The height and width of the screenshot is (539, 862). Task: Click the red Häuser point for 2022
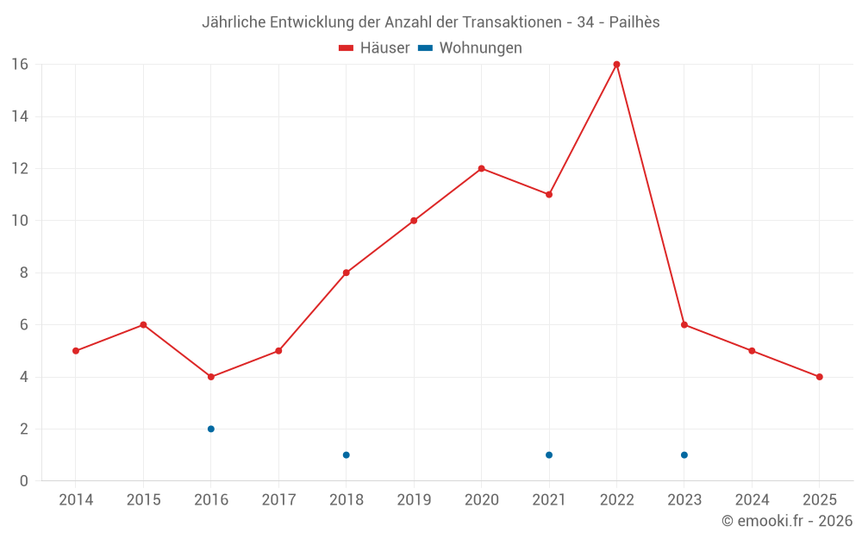[x=616, y=65]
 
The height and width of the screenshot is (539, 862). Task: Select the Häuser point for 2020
[x=481, y=168]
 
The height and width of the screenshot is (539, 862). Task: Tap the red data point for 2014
[x=76, y=351]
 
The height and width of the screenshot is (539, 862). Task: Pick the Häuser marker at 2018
[x=346, y=273]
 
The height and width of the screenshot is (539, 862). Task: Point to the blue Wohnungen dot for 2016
[x=211, y=429]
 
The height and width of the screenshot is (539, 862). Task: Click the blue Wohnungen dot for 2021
[x=549, y=454]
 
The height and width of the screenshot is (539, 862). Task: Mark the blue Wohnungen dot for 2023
[x=684, y=454]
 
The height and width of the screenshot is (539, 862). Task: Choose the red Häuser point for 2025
[x=819, y=377]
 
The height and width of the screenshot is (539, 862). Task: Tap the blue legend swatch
[x=425, y=48]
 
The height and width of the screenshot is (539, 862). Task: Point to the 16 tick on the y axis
[x=20, y=65]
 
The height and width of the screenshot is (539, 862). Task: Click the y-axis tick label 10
[x=20, y=221]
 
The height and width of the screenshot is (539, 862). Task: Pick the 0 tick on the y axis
[x=24, y=480]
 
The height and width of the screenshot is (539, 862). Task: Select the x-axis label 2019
[x=414, y=500]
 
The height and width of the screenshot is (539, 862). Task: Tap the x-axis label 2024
[x=752, y=500]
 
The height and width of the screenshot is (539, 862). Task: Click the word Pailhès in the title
[x=634, y=22]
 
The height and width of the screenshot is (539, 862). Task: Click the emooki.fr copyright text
[x=787, y=521]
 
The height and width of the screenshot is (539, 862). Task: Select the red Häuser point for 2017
[x=278, y=351]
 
